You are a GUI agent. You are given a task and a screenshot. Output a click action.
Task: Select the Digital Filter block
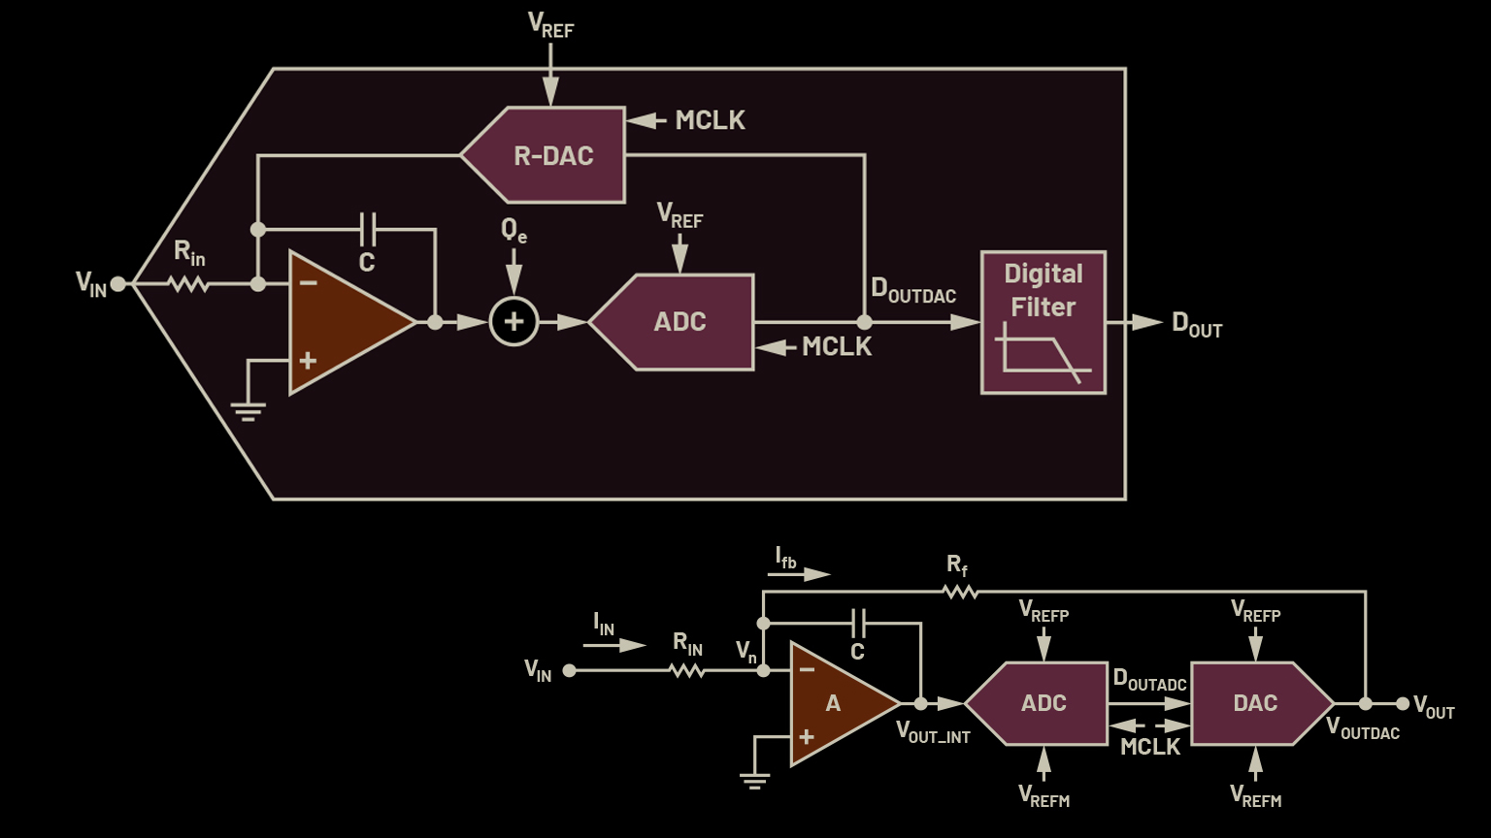click(x=1044, y=322)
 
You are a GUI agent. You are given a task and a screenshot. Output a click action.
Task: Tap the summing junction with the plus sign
click(x=514, y=322)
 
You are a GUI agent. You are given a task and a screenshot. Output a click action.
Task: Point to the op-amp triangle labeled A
click(x=835, y=703)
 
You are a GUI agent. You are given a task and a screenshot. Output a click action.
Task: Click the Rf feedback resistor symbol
click(x=960, y=591)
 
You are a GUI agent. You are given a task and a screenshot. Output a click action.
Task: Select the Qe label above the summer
click(x=514, y=231)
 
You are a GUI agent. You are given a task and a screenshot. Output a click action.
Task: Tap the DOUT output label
click(x=1197, y=325)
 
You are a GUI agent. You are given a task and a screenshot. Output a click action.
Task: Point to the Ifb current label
click(x=786, y=558)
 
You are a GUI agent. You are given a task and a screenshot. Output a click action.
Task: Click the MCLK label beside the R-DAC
click(x=711, y=120)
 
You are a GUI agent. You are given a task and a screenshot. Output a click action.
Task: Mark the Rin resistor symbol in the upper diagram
click(x=189, y=284)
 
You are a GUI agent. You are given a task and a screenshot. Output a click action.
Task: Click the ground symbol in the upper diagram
click(x=248, y=412)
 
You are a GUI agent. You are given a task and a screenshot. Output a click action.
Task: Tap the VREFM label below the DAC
click(x=1256, y=797)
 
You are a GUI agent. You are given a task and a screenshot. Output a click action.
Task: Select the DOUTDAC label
click(x=913, y=290)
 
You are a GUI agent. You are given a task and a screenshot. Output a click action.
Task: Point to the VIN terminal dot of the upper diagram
click(x=117, y=284)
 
